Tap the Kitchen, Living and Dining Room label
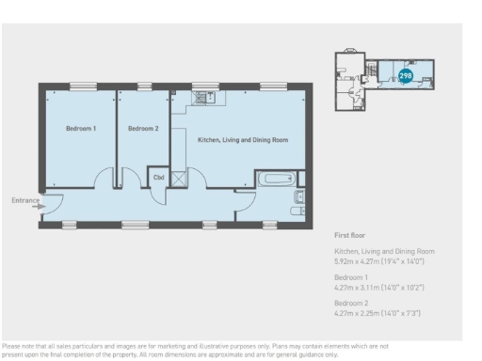(242, 140)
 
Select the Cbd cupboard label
(159, 176)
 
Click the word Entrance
(23, 200)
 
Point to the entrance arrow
(38, 208)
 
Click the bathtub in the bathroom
(277, 178)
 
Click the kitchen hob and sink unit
(204, 95)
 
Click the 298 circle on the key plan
(406, 75)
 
